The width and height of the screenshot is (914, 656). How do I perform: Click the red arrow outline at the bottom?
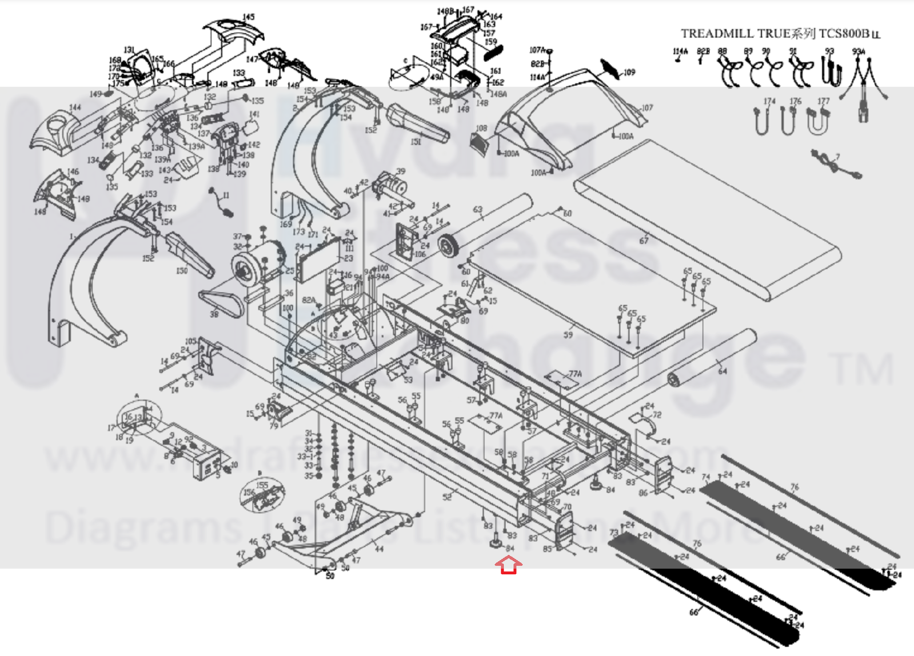[508, 566]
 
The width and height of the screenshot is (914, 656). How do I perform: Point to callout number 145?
[249, 17]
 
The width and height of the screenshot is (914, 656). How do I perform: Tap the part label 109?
[629, 73]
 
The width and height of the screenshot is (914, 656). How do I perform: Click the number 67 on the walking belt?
[644, 241]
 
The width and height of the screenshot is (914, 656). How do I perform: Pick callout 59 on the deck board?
[568, 335]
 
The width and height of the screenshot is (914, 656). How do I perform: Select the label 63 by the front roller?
[478, 210]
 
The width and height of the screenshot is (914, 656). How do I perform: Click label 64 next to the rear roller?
[723, 371]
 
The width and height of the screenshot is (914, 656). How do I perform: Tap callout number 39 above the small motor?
[401, 171]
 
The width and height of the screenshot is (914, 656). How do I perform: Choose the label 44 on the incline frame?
[379, 549]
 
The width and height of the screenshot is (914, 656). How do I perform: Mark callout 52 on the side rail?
[447, 497]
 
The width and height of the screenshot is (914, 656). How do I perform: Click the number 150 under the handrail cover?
[182, 270]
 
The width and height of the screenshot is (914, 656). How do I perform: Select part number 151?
[416, 142]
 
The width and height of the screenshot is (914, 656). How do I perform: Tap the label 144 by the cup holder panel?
[75, 107]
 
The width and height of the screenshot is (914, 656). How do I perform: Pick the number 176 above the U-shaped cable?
[795, 101]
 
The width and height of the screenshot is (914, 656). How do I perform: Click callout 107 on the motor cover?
[647, 107]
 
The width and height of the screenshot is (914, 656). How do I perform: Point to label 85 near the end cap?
[547, 549]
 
